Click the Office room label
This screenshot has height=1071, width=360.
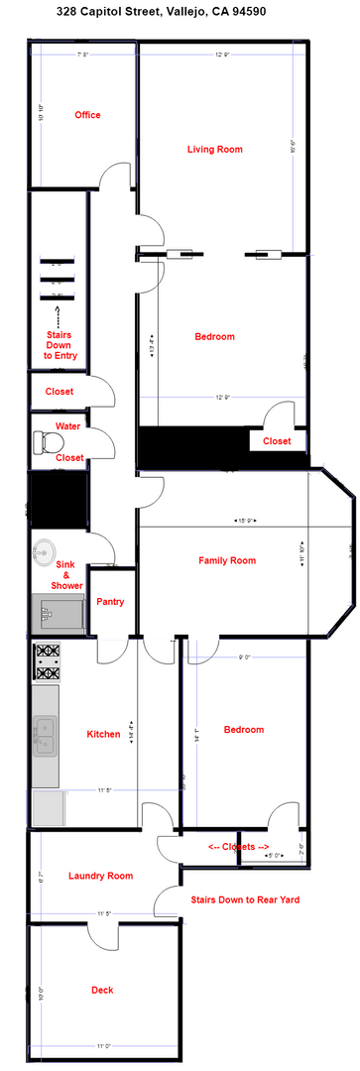pos(88,115)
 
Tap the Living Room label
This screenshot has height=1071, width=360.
pos(215,150)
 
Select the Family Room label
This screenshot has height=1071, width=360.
pos(227,561)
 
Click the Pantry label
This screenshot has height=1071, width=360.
pos(110,602)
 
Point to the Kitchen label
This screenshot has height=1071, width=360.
pos(103,735)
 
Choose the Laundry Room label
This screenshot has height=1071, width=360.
pos(100,876)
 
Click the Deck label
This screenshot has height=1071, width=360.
pos(102,990)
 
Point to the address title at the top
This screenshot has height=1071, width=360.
pos(180,10)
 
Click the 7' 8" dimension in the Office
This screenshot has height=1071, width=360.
pos(82,56)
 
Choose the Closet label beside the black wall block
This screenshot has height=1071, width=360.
pos(277,441)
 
